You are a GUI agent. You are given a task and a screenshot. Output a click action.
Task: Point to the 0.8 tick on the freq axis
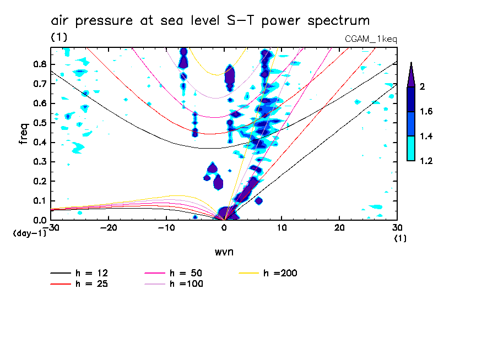(40, 64)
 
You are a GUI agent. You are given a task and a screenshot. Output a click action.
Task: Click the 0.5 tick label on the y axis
(40, 122)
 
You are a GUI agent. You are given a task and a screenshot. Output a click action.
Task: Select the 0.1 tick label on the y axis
(40, 200)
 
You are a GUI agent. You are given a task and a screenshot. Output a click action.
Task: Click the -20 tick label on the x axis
(109, 228)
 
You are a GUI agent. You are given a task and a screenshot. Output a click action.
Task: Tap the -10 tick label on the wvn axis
(166, 228)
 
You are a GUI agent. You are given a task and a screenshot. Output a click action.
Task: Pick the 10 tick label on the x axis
(282, 228)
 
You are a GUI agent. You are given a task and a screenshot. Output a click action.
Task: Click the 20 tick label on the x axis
(339, 228)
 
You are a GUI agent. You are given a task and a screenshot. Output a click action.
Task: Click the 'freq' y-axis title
(24, 133)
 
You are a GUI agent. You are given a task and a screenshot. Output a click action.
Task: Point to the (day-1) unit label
(29, 233)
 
